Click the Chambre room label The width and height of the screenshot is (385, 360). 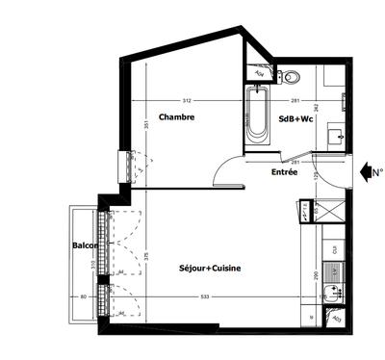coord(177,117)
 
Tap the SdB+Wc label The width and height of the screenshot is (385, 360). coord(295,119)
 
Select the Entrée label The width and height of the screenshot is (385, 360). coord(284,171)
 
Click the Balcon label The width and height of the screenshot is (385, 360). coord(83,245)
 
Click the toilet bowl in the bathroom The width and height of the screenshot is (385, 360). coord(290,77)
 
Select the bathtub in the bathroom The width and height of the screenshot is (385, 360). coord(257,116)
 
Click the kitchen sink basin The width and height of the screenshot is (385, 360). coord(333,252)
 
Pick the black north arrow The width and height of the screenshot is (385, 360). coord(367,172)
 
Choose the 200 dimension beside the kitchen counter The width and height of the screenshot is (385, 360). coord(318,275)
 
